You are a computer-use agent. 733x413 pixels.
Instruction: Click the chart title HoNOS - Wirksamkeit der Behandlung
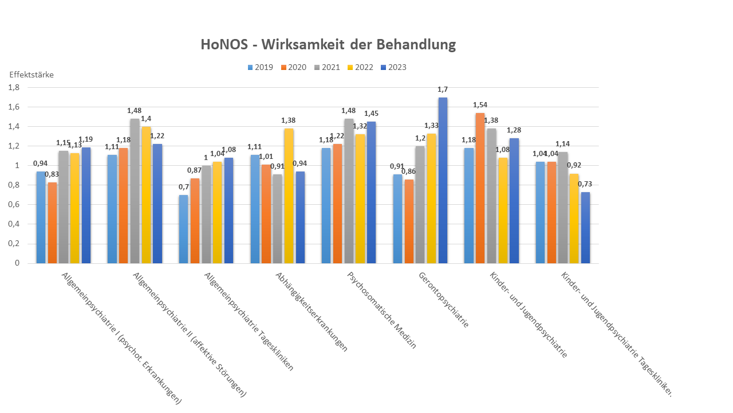point(328,45)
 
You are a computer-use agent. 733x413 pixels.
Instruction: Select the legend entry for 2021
point(330,68)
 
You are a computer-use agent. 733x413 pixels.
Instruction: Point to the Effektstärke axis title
point(31,75)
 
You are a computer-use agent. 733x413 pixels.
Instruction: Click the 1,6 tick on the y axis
point(13,107)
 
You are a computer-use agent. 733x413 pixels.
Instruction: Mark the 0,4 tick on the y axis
point(13,224)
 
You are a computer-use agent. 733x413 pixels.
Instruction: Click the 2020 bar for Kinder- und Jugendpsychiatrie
point(480,189)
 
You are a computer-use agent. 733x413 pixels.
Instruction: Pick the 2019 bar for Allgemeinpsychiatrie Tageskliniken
point(183,229)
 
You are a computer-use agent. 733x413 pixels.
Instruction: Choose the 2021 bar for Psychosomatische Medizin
point(349,192)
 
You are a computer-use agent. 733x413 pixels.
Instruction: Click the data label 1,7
point(443,89)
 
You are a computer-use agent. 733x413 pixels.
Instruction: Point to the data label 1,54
point(480,105)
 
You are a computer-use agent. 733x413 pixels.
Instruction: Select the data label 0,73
point(585,184)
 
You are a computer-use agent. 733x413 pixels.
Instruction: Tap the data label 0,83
point(52,174)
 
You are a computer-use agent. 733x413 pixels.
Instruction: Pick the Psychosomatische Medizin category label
point(381,310)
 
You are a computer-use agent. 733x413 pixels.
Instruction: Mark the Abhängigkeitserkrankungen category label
point(312,311)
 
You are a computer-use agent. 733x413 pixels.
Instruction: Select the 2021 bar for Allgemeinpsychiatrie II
point(135,192)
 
